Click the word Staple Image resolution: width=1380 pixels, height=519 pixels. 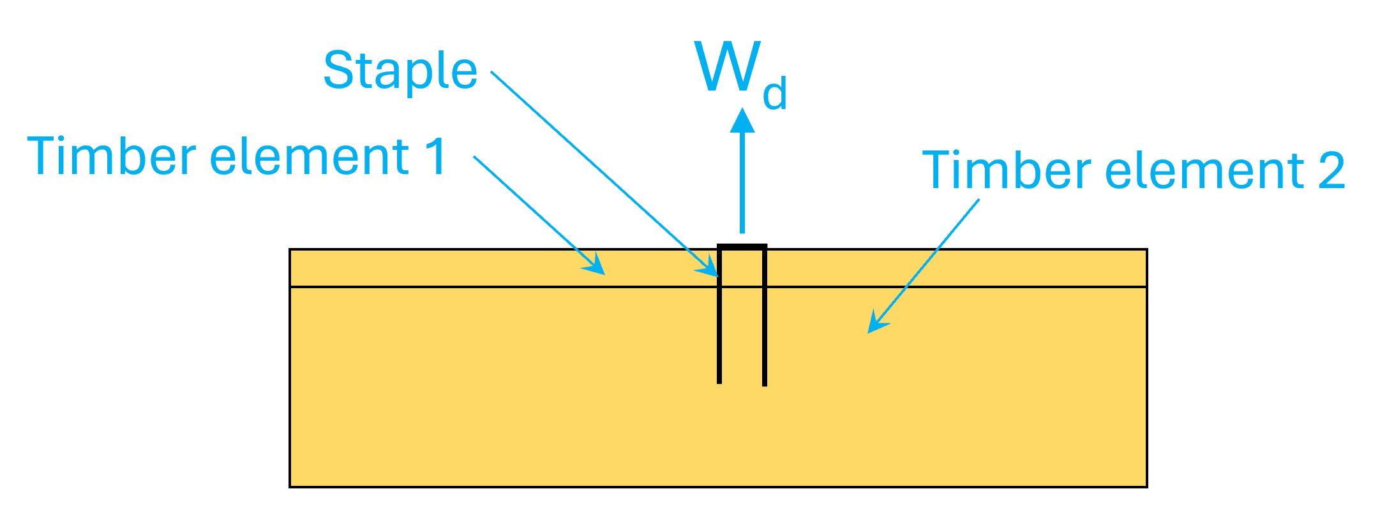click(x=400, y=71)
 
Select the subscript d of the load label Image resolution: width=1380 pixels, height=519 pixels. click(x=775, y=94)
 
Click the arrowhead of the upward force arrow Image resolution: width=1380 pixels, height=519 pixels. click(x=742, y=121)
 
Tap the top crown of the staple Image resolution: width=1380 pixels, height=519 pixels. click(x=742, y=247)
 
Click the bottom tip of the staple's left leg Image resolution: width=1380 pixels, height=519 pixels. click(x=719, y=381)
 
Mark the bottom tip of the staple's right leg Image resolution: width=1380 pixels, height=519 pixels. click(x=765, y=384)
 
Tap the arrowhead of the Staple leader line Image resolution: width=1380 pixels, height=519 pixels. click(x=709, y=267)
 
